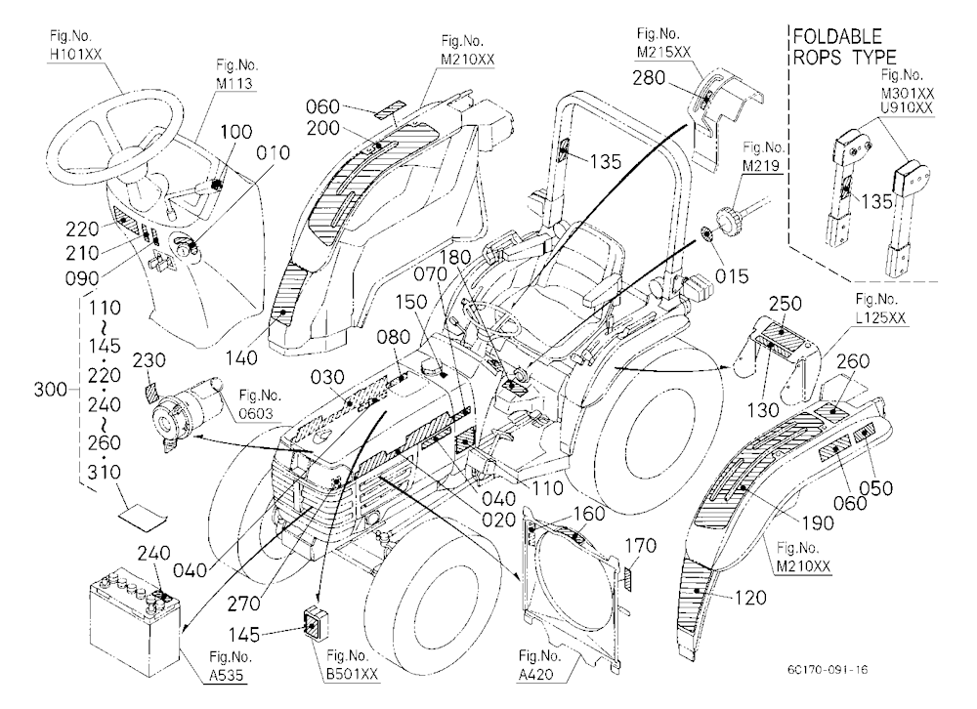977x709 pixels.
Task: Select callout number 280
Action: point(649,78)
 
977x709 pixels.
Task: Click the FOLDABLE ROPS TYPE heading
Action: point(844,46)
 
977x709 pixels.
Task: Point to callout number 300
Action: point(50,390)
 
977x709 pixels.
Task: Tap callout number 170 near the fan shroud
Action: point(640,546)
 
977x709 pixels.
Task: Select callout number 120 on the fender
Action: point(750,598)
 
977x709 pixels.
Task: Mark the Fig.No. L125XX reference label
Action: point(880,309)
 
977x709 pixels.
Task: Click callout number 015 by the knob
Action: point(732,276)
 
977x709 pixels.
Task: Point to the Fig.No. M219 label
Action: point(763,156)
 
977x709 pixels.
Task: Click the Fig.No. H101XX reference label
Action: point(75,46)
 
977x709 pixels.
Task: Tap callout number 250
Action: point(786,304)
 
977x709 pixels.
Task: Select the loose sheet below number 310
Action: point(144,517)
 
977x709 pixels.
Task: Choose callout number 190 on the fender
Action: point(818,522)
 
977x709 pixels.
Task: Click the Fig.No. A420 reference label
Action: point(539,665)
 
